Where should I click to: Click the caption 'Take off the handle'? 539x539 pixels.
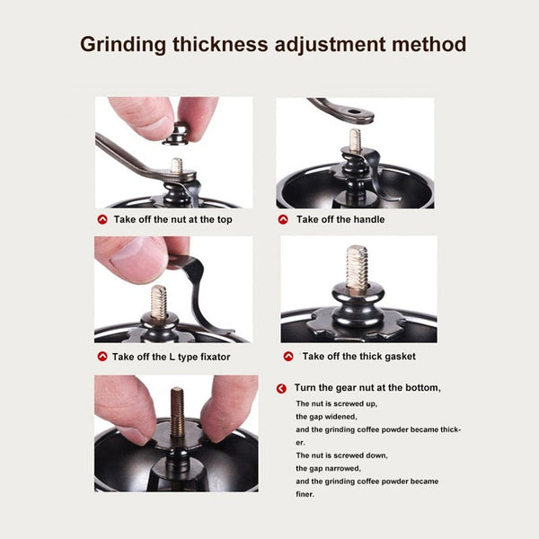340,219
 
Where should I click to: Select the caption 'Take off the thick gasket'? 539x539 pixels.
358,357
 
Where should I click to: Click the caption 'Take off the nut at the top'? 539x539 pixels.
172,219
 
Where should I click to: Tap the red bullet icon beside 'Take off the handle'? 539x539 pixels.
283,219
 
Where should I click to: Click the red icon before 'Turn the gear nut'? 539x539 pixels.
282,388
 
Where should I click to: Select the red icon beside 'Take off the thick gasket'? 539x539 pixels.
287,357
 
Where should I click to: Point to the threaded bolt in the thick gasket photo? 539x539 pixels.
357,268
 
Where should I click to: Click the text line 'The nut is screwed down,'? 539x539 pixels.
341,455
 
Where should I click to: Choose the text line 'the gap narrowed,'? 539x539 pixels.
329,468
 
